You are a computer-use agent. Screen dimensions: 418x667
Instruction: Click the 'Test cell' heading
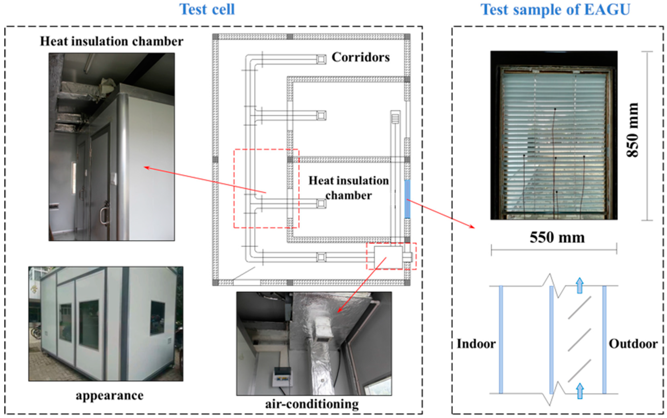pos(207,9)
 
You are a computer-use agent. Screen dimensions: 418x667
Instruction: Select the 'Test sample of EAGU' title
pos(555,9)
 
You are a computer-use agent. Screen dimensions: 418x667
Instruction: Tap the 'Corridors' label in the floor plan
pos(361,57)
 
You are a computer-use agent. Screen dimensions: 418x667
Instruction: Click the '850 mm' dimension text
pos(633,130)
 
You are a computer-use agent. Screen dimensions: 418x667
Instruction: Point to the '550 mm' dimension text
pos(557,237)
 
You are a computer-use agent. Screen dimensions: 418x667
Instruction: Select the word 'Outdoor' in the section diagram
pos(633,344)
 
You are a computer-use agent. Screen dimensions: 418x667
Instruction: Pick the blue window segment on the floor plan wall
pos(407,199)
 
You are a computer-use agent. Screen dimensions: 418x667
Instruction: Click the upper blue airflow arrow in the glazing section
pos(580,286)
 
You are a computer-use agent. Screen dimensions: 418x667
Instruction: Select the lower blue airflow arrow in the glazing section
pos(580,391)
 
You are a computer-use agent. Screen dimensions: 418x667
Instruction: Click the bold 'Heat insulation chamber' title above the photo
pos(112,41)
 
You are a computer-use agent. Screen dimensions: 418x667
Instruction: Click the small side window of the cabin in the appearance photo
pos(157,318)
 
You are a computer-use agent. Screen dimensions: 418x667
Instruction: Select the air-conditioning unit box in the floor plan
pos(388,257)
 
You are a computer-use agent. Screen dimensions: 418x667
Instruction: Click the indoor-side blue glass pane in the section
pos(501,339)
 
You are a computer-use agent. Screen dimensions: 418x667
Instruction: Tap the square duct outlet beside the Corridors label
pos(321,59)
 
